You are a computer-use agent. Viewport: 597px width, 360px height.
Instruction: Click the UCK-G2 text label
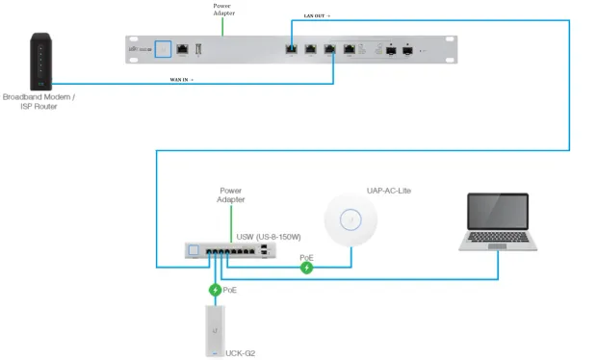[x=243, y=352]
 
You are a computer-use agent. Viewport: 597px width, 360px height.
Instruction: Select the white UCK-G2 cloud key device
[x=216, y=330]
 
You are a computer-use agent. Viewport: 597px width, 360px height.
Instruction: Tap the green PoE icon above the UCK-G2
[x=216, y=289]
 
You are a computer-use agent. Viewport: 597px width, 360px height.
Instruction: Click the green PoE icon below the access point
[x=306, y=267]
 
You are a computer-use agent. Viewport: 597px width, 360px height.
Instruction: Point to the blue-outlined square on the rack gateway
[x=162, y=47]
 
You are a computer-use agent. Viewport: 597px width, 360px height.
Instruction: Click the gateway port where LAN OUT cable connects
[x=291, y=47]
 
